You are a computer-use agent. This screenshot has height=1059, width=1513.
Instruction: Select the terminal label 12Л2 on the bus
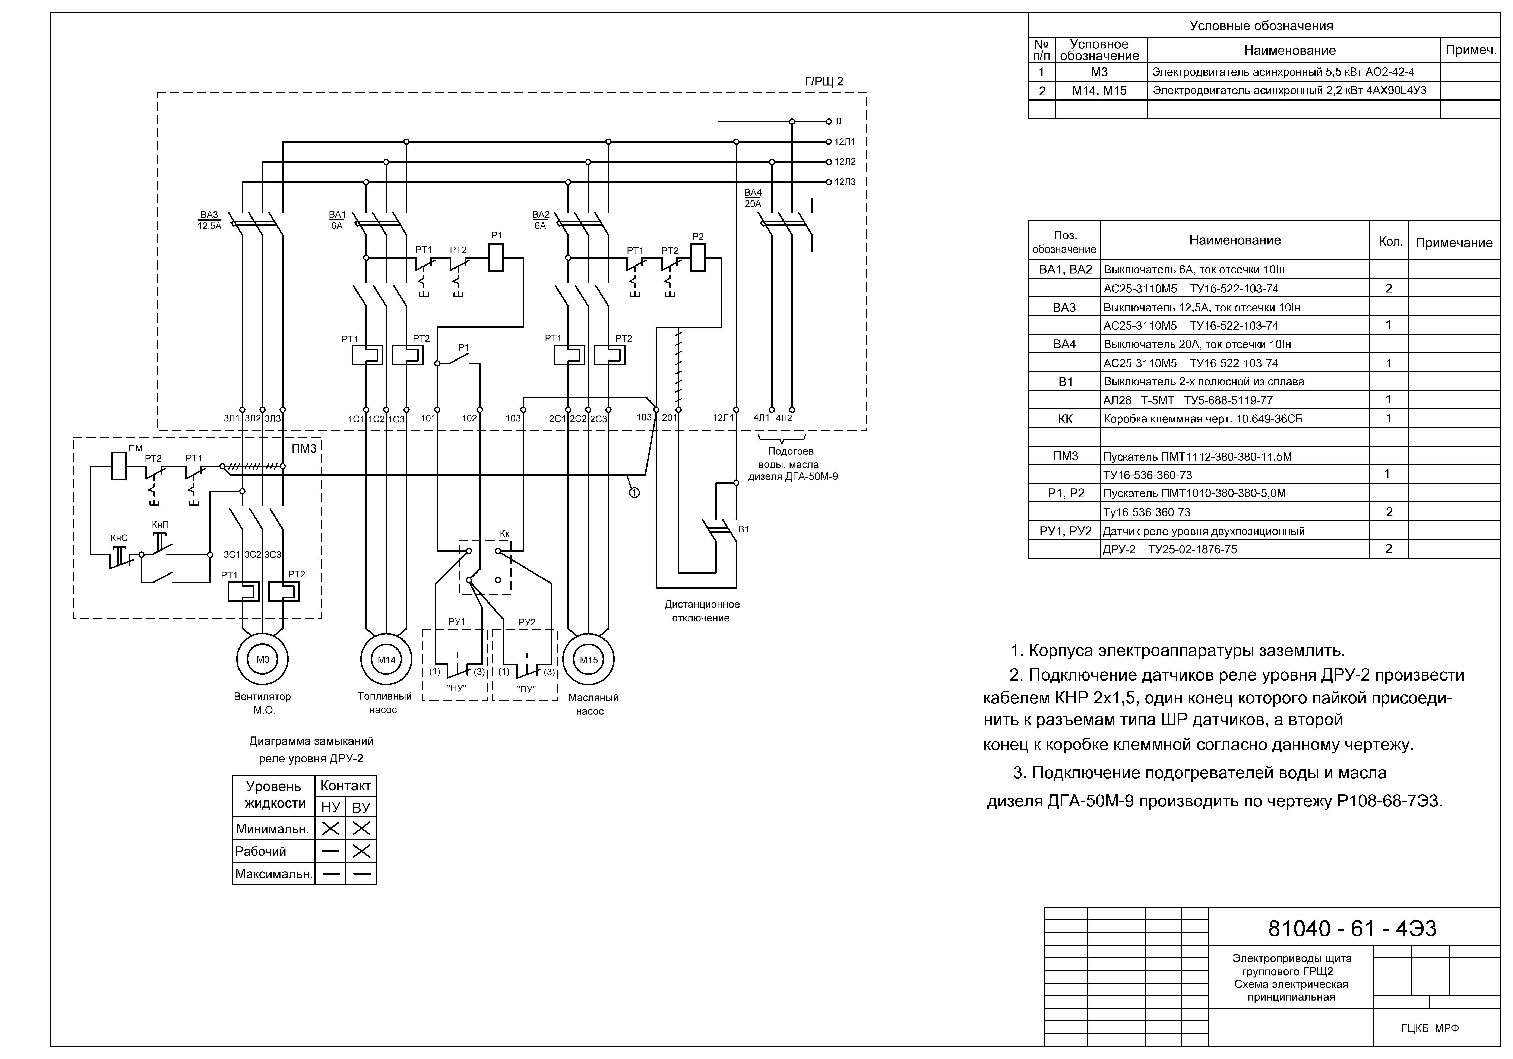pos(845,161)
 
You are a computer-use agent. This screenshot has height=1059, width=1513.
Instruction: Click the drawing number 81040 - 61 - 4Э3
pos(1352,929)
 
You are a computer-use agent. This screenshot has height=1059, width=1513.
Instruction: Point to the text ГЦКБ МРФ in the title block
pos(1430,1028)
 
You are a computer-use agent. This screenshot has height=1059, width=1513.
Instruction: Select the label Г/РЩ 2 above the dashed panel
pos(824,82)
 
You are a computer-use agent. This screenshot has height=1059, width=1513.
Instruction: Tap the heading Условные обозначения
pos(1261,26)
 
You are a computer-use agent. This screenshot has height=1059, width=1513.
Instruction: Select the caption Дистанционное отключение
pos(702,611)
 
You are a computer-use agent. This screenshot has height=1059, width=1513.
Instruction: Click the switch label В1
pos(743,529)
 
